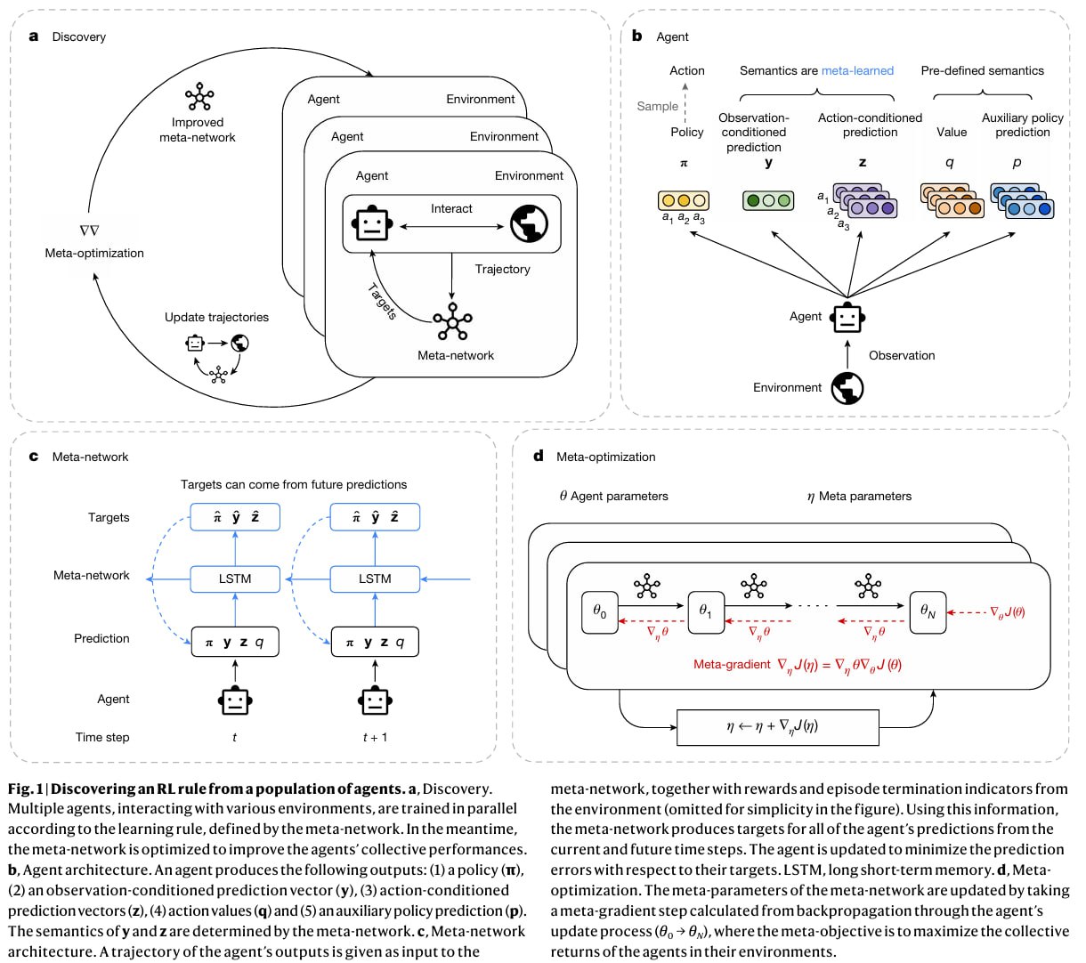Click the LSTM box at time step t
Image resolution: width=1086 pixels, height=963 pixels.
coord(235,579)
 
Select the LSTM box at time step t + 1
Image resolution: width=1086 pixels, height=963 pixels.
coord(375,579)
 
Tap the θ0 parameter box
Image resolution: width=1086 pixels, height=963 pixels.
coord(600,612)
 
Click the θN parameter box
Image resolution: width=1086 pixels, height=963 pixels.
coord(928,612)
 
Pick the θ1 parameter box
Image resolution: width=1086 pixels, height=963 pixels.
coord(706,612)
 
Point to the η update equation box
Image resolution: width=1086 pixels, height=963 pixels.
coord(778,727)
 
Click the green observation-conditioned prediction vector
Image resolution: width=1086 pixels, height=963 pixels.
coord(768,200)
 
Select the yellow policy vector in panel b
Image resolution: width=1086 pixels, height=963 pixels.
coord(684,200)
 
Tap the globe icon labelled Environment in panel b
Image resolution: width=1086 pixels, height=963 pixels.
coord(847,388)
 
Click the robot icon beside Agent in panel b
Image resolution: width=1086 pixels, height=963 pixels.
coord(847,318)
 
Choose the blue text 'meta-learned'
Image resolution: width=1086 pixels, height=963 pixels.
coord(857,70)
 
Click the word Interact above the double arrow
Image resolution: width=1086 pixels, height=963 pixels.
coord(451,208)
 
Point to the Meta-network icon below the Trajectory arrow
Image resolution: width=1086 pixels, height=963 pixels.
coord(453,321)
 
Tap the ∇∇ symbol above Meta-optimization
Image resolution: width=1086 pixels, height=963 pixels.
coord(90,231)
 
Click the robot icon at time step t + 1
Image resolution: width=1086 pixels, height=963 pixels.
coord(375,700)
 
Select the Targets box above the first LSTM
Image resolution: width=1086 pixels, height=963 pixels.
coord(235,517)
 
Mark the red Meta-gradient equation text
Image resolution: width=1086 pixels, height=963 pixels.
coord(798,665)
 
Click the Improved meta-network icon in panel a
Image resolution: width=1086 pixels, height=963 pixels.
coord(199,96)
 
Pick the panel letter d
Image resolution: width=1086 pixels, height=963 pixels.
coord(539,456)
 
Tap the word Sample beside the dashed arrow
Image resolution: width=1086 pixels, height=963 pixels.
coord(657,106)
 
